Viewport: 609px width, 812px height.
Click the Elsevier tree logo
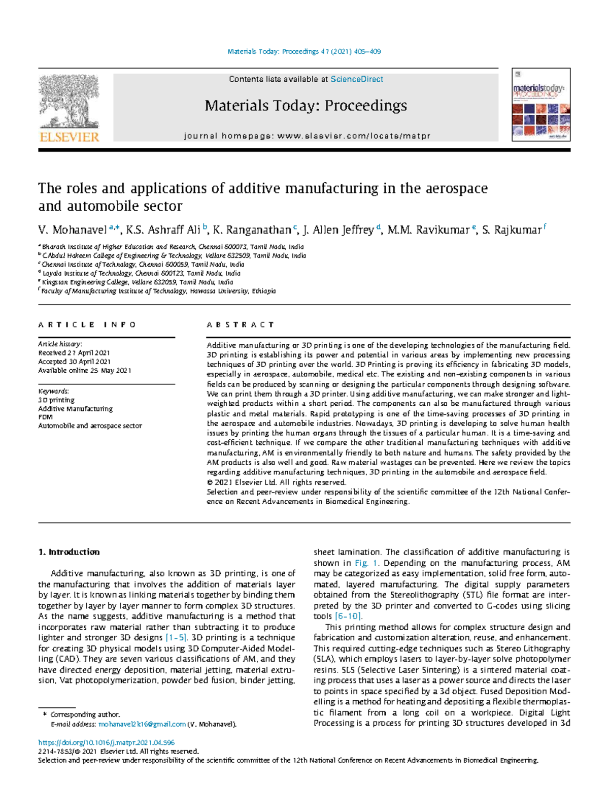pyautogui.click(x=69, y=102)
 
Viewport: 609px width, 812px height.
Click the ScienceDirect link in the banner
pyautogui.click(x=356, y=79)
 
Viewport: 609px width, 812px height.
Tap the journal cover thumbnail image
pyautogui.click(x=541, y=105)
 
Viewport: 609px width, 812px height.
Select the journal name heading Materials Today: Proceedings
pyautogui.click(x=306, y=106)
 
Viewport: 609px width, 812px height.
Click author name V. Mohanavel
pyautogui.click(x=72, y=230)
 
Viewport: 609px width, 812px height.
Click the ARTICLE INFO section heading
pyautogui.click(x=87, y=324)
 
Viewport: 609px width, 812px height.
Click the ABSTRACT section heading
pyautogui.click(x=240, y=324)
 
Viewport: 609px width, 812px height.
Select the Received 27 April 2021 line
pyautogui.click(x=74, y=352)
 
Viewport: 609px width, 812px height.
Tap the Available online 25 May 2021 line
pyautogui.click(x=85, y=370)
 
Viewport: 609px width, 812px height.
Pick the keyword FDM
pyautogui.click(x=45, y=417)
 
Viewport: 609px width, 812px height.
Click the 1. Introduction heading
pyautogui.click(x=69, y=552)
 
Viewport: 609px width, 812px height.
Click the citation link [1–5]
pyautogui.click(x=176, y=637)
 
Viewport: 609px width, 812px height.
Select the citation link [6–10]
pyautogui.click(x=348, y=616)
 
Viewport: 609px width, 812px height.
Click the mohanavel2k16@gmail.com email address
pyautogui.click(x=142, y=724)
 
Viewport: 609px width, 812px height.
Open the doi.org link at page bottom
pyautogui.click(x=106, y=742)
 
